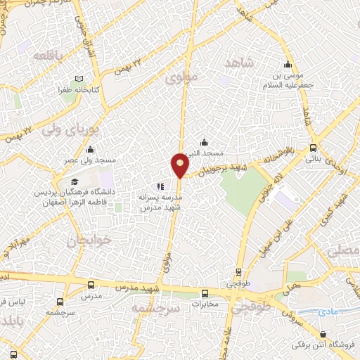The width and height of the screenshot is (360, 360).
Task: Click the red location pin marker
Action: pyautogui.click(x=180, y=165)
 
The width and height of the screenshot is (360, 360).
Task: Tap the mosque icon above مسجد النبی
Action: pyautogui.click(x=204, y=142)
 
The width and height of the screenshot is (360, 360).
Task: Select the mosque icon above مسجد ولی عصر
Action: pyautogui.click(x=90, y=149)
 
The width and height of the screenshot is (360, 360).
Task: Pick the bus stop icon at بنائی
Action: pyautogui.click(x=314, y=148)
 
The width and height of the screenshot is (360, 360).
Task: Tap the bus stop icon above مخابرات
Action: pyautogui.click(x=205, y=294)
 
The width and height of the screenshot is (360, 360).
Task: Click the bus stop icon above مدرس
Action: pyautogui.click(x=91, y=285)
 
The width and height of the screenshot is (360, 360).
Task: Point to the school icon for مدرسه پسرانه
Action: pyautogui.click(x=160, y=187)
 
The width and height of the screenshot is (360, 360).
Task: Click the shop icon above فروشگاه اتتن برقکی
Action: pyautogui.click(x=323, y=334)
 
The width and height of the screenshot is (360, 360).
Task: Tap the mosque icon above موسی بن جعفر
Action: pyautogui.click(x=287, y=60)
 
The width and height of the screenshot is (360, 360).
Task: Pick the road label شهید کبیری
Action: pyautogui.click(x=342, y=212)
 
